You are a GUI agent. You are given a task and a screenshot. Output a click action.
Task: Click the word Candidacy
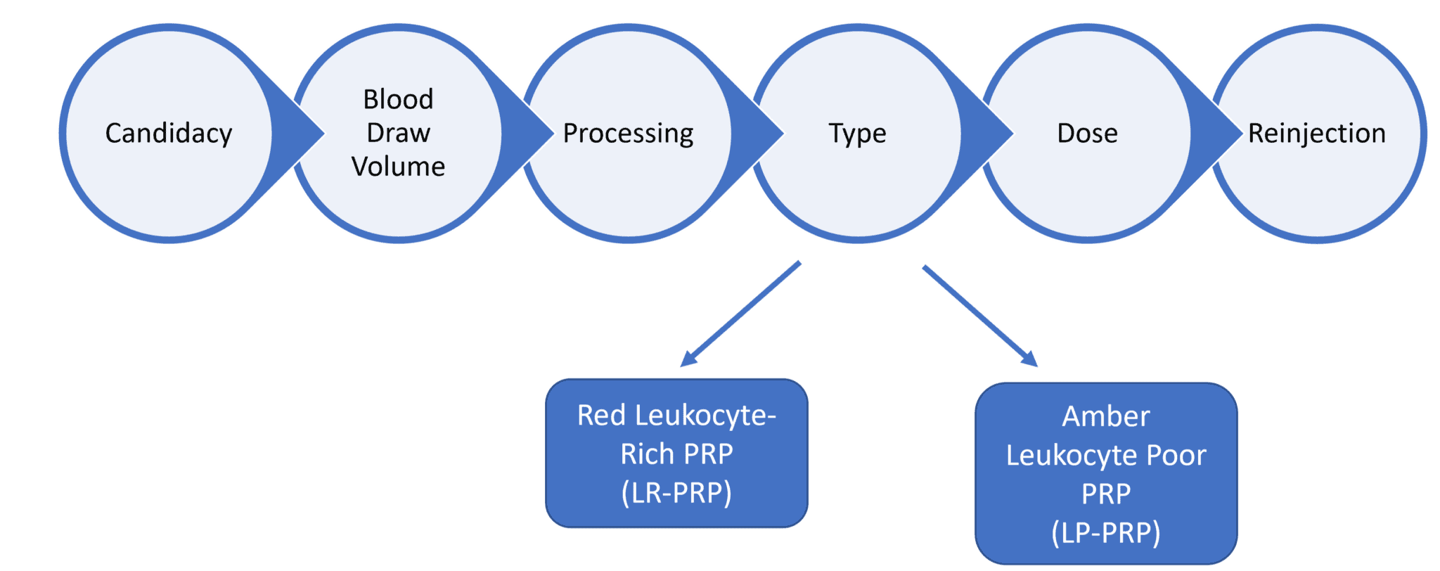(169, 133)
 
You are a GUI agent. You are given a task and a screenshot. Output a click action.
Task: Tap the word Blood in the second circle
(398, 99)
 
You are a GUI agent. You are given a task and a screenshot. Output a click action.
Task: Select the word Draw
(398, 133)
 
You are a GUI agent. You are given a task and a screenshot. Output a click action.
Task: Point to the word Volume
(398, 167)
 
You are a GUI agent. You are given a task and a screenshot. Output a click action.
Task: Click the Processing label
(628, 133)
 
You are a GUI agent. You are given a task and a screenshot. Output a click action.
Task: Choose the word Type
(857, 133)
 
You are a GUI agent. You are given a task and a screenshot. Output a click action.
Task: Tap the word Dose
(1087, 133)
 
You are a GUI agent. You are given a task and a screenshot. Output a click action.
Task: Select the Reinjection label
(1316, 133)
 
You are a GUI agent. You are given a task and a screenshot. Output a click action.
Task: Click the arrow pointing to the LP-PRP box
(981, 316)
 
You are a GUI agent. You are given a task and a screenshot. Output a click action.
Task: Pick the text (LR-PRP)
(676, 493)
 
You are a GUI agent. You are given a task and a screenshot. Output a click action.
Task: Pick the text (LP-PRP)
(1105, 532)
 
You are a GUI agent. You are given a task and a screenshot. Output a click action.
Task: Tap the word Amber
(1105, 416)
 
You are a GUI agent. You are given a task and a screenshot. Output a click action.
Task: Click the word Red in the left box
(601, 416)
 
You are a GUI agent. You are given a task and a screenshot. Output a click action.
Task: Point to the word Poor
(1176, 456)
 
